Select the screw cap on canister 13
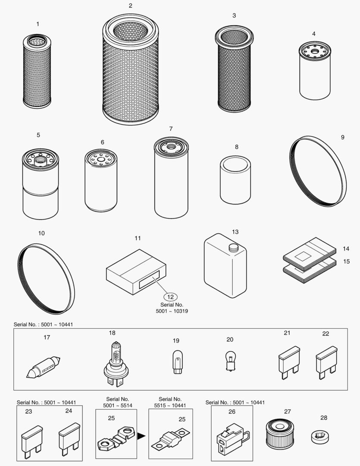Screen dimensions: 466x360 click(x=233, y=247)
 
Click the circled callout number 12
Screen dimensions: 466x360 click(x=170, y=297)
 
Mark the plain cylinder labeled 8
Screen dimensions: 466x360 click(x=235, y=179)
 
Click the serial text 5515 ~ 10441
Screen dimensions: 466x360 click(x=170, y=405)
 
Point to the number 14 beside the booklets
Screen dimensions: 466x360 click(x=346, y=249)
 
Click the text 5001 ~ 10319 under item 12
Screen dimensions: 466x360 click(x=172, y=311)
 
